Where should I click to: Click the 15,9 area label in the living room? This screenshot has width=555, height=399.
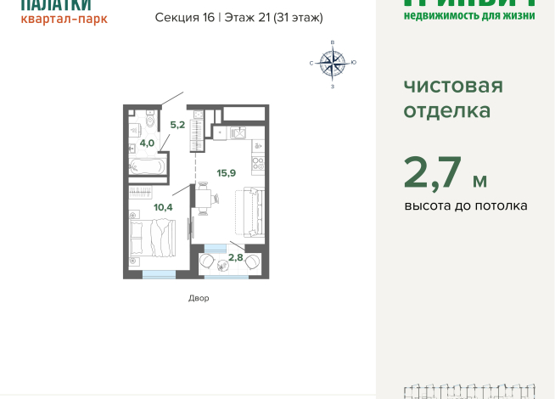[x=226, y=173]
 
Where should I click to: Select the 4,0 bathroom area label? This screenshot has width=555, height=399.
[x=147, y=143]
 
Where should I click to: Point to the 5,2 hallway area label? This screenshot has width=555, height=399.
[x=177, y=125]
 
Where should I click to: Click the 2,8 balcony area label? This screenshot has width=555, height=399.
[x=235, y=256]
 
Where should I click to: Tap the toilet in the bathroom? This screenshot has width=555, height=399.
[x=136, y=130]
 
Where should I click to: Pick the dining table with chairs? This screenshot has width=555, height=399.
[x=205, y=198]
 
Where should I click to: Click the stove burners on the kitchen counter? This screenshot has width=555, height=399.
[x=258, y=162]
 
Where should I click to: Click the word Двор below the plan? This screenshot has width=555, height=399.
[x=198, y=298]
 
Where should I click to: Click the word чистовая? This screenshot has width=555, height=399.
[x=452, y=86]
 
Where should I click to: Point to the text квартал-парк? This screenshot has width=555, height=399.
[x=52, y=19]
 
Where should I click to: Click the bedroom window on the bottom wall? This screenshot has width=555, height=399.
[x=159, y=273]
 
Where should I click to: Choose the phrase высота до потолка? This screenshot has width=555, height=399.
[x=465, y=205]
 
